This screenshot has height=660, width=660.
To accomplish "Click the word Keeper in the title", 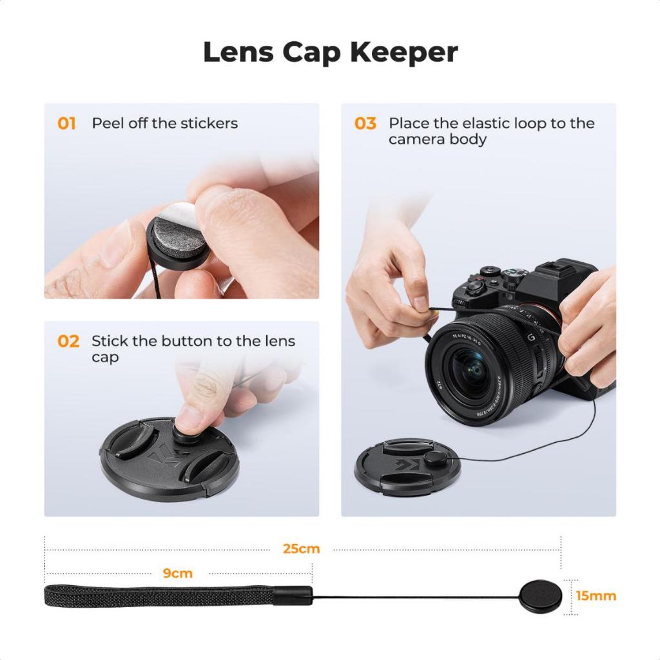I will (404, 53).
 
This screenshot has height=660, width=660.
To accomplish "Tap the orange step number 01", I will (67, 123).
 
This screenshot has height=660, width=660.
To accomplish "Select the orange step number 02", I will (68, 341).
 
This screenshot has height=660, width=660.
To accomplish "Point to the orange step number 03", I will (365, 123).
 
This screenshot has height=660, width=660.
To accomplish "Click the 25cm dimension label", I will (301, 549).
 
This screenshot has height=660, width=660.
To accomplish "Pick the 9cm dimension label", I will (177, 573).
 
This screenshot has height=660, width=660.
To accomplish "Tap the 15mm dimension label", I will (596, 596).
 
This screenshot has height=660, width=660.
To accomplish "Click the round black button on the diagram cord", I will (539, 596).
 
